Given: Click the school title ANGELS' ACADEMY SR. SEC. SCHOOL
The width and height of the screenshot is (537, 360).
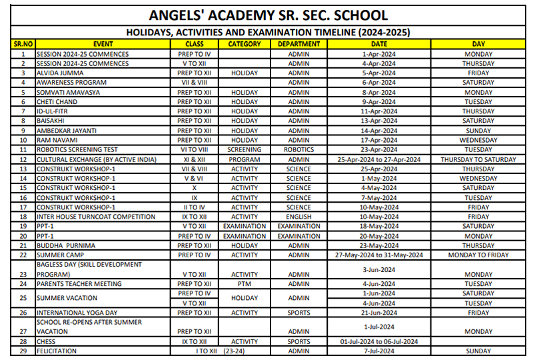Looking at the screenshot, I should pos(268,16).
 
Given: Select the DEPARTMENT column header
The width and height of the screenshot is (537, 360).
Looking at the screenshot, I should pos(298,44).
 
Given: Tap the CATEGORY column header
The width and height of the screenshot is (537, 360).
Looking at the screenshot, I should pos(245,44).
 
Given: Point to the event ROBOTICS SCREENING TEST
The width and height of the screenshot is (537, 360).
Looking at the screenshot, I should pos(77,150).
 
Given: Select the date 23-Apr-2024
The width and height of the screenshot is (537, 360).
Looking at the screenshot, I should pos(379,150).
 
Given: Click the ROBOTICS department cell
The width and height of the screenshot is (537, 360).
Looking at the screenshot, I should pos(298,150).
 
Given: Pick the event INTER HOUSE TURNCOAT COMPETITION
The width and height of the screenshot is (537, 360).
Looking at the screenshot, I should pos(95,217).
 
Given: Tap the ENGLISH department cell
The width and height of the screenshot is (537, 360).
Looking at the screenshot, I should pos(298,217).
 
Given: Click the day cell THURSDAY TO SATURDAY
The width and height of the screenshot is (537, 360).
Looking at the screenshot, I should pos(478,160).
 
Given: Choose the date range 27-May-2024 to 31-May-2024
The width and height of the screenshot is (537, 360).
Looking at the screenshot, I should pos(379,255).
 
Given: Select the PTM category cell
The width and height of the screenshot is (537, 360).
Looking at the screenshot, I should pos(245,284).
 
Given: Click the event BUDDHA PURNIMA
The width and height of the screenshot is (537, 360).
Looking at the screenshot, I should pos(65,245).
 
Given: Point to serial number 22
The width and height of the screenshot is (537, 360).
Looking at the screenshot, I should pos(23,255).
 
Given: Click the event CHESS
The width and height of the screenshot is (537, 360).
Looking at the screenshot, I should pos(47,341).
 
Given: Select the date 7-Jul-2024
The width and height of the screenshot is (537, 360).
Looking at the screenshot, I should pos(379,351).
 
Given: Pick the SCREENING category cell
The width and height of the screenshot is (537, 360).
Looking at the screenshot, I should pos(245,150).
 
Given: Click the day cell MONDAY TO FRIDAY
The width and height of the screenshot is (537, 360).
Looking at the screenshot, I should pos(478,255).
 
